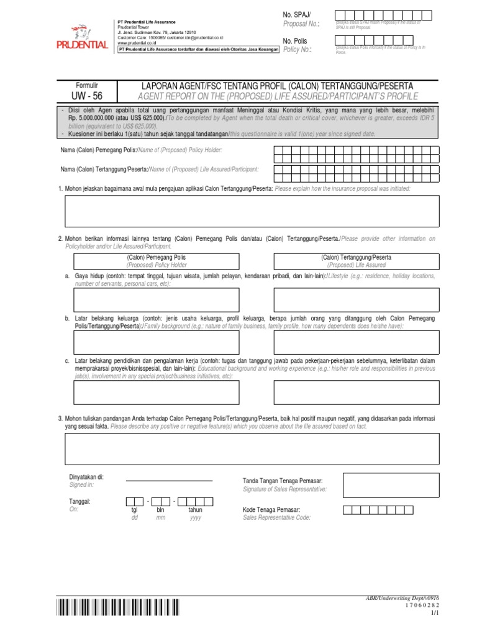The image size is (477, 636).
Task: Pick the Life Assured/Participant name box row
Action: click(356, 169)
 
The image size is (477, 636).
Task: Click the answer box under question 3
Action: click(252, 449)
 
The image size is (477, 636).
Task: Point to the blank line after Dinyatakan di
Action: click(169, 481)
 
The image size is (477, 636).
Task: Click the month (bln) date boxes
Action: click(161, 501)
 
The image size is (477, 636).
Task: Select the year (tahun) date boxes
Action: click(196, 501)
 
